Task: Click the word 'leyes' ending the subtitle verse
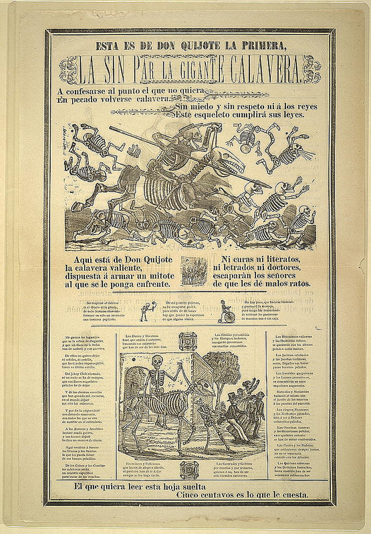(289, 114)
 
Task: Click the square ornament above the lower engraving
(188, 339)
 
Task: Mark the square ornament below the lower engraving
(188, 469)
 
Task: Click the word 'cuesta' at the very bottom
(292, 496)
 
